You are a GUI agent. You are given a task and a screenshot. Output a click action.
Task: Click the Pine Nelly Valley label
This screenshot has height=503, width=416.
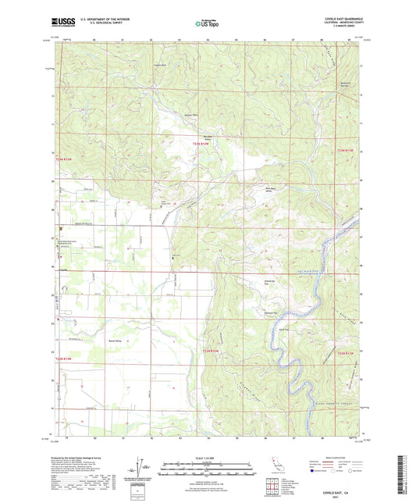(270, 189)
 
